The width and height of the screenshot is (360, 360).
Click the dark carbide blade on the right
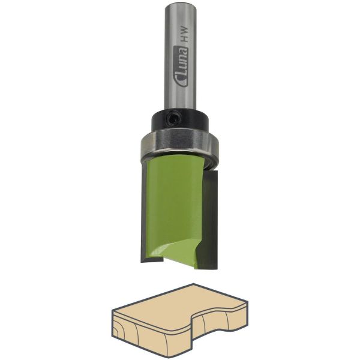[213, 216]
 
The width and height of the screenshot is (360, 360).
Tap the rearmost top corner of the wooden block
[191, 286]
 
